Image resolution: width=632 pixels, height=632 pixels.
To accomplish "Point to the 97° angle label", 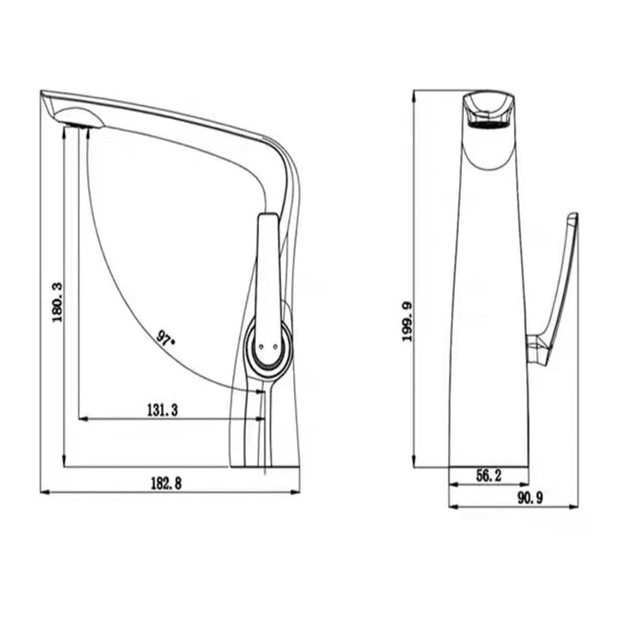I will click(x=166, y=340).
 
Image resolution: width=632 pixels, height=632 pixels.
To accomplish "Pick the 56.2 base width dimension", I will click(x=490, y=475).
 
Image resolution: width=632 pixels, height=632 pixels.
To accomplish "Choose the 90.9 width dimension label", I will click(x=534, y=497).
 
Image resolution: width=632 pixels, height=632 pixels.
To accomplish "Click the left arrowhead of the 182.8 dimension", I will click(x=43, y=492).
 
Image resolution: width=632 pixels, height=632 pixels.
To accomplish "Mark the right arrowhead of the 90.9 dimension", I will click(x=575, y=506).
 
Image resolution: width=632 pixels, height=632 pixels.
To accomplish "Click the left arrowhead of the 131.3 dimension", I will click(x=81, y=419).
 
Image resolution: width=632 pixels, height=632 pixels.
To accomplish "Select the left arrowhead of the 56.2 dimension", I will click(x=453, y=483).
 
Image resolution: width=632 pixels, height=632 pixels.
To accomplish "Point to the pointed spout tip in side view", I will click(x=43, y=93).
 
